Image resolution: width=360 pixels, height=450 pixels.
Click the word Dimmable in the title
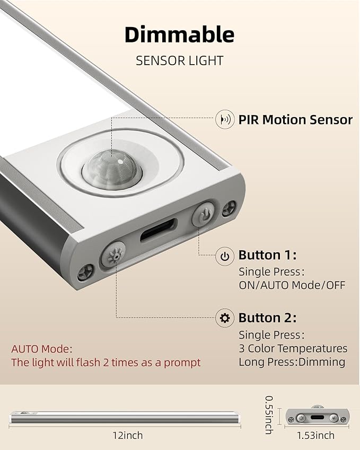[x=179, y=34]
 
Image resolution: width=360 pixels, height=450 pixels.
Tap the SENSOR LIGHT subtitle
[x=179, y=61]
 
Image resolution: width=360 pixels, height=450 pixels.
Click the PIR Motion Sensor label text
[x=295, y=120]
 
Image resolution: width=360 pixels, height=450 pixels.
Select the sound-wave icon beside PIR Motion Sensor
[x=225, y=119]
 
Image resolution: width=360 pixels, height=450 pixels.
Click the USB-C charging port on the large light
[x=158, y=230]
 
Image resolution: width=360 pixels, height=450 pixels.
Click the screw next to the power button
[x=229, y=209]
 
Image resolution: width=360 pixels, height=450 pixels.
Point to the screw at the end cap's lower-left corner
[x=85, y=272]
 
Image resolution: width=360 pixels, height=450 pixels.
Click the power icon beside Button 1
[x=225, y=256]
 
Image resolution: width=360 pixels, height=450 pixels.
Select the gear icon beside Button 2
[x=225, y=318]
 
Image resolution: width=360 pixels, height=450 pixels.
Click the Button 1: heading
[x=267, y=255]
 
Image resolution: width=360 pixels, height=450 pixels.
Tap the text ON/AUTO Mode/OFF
[x=292, y=285]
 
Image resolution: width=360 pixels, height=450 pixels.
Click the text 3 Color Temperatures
[x=293, y=348]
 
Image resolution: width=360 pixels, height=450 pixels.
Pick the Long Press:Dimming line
[x=292, y=362]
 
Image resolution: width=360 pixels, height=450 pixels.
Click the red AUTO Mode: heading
[x=42, y=349]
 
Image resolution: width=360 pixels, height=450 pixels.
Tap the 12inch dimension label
[x=127, y=435]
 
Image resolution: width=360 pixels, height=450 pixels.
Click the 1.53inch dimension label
[x=315, y=435]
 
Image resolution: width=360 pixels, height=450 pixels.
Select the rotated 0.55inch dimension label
[x=269, y=415]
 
